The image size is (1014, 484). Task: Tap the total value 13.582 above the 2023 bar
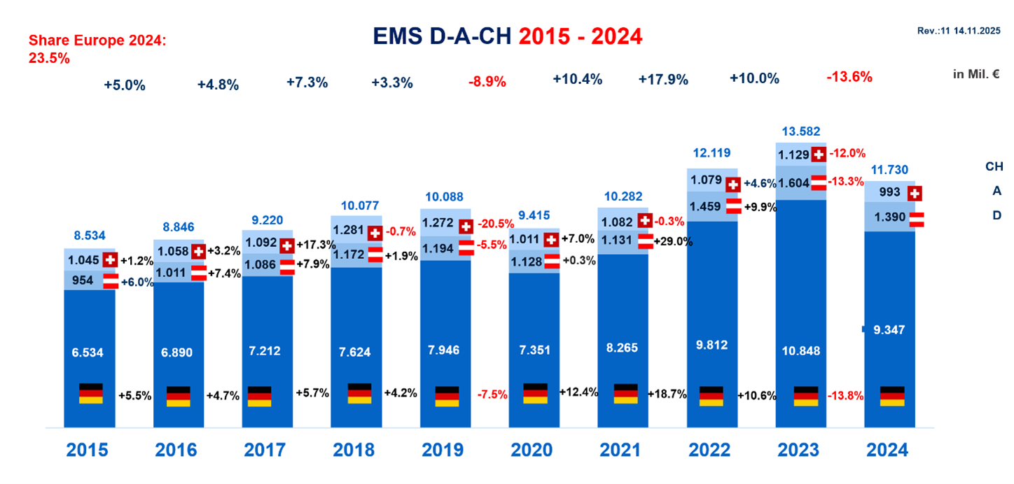801,131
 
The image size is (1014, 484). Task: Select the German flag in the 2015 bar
91,394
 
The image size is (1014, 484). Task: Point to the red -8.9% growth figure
487,81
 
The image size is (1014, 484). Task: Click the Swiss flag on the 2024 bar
914,193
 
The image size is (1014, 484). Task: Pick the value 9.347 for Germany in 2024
891,329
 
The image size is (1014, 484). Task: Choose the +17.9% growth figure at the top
662,78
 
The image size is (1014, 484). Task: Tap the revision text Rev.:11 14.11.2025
959,31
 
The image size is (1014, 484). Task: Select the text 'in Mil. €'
975,74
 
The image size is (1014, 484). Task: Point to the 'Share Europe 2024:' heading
97,41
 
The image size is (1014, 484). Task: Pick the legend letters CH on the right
994,166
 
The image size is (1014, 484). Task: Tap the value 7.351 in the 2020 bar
535,350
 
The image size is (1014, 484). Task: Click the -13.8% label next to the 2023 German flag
846,395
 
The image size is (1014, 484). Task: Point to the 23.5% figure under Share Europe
49,59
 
